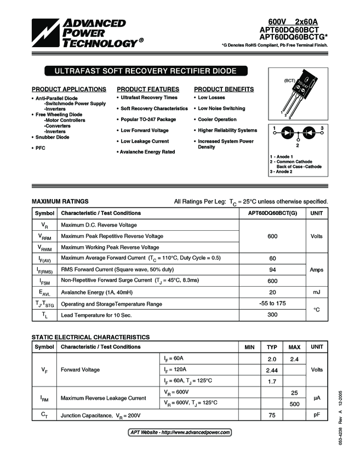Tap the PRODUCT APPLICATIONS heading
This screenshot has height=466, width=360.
click(69, 89)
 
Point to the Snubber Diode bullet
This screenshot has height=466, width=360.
click(53, 137)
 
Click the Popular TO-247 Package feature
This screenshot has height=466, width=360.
click(148, 120)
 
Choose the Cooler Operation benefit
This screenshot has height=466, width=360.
click(217, 120)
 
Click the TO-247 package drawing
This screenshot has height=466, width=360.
click(296, 94)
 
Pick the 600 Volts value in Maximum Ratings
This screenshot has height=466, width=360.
click(272, 236)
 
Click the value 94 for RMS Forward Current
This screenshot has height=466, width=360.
click(272, 270)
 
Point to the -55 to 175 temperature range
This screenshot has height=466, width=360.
click(272, 303)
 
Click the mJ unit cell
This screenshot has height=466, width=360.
click(316, 292)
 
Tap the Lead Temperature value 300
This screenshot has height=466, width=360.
click(272, 315)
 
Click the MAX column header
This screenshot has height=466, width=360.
click(294, 347)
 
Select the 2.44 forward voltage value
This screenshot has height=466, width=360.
click(272, 370)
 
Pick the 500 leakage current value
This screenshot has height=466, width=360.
click(294, 404)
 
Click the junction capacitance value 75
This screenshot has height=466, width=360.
click(272, 415)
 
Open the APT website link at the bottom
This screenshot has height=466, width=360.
click(180, 433)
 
